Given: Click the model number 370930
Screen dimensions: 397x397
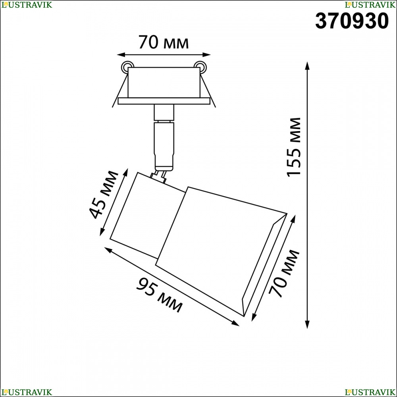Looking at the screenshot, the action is click(x=352, y=21).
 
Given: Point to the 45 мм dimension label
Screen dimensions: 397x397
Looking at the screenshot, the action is click(x=104, y=195).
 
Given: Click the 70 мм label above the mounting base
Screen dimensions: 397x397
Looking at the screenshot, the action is click(x=164, y=42).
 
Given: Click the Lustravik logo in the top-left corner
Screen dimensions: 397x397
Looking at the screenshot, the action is click(x=27, y=4).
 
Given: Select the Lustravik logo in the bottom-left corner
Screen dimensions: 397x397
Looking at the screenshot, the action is click(x=27, y=392).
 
